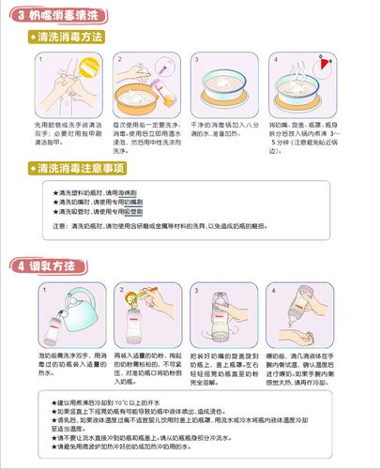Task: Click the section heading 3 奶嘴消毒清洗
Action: pyautogui.click(x=56, y=13)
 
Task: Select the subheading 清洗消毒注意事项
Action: pyautogui.click(x=81, y=168)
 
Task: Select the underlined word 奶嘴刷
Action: pyautogui.click(x=136, y=202)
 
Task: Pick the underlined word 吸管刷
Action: pyautogui.click(x=136, y=211)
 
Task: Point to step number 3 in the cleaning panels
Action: pyautogui.click(x=197, y=58)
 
